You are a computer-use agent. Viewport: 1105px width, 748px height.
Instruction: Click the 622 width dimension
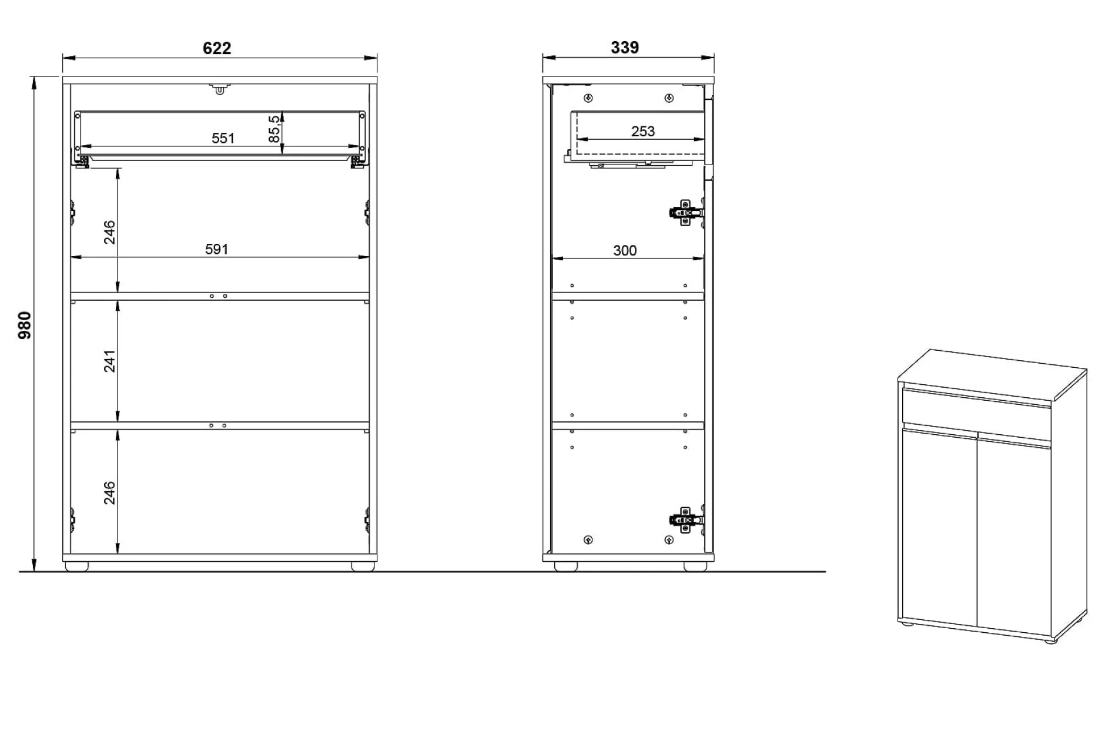217,48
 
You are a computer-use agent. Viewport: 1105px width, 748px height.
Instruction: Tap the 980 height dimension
25,325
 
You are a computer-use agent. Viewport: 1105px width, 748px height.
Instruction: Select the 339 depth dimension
625,48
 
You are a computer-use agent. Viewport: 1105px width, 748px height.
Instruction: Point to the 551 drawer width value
223,138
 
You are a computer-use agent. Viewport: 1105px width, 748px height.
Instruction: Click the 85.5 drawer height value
274,129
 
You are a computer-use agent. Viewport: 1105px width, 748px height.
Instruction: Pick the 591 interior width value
216,249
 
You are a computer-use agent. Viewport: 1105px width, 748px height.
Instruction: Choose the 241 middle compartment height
110,361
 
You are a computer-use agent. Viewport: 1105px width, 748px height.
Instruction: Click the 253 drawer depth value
642,131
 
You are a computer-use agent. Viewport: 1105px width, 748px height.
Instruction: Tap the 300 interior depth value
625,250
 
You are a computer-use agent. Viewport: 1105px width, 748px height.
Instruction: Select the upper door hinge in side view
685,212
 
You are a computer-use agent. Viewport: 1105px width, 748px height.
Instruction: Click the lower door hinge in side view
685,519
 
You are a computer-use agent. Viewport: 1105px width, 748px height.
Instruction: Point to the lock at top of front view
219,89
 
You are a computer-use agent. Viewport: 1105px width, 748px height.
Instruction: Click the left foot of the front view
76,566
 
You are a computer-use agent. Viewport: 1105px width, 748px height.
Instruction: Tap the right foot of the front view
363,566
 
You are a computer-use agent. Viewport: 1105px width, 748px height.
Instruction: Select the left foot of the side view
565,566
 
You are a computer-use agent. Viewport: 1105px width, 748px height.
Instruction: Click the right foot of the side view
695,566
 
